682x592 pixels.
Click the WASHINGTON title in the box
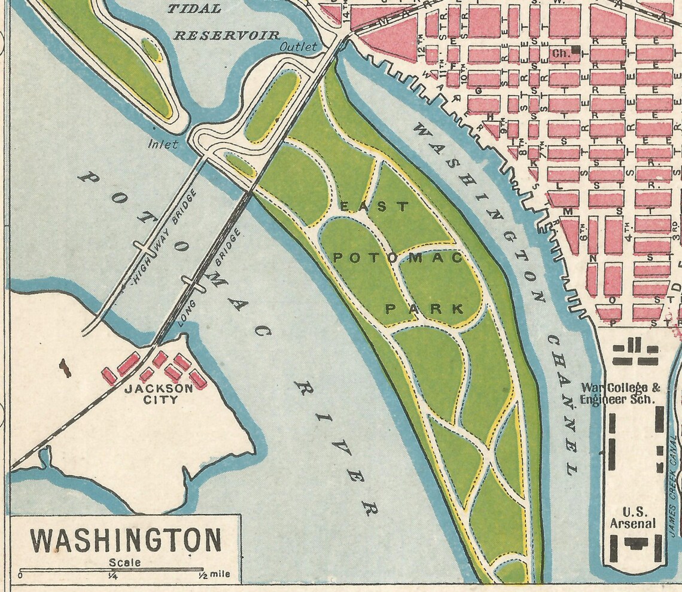(126, 540)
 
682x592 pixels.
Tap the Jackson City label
(160, 394)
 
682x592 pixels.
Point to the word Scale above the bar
(125, 562)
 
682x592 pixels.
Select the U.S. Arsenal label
(632, 518)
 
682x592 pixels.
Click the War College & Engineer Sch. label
(620, 393)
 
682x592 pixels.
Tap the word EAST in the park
(375, 207)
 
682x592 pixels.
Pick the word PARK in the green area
(424, 309)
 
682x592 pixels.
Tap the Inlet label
(163, 144)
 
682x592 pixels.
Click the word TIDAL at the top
(194, 9)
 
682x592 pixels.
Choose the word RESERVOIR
(227, 36)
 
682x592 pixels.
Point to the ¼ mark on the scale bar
(112, 576)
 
